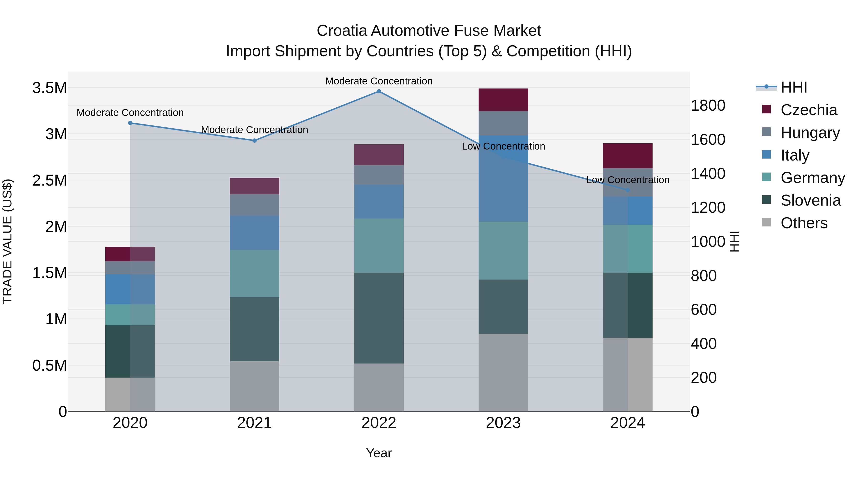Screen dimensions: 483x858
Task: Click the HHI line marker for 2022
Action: (379, 91)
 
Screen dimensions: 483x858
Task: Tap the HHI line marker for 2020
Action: (130, 123)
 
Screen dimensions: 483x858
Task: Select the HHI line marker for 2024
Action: (628, 190)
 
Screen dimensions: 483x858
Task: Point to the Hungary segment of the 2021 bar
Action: (255, 205)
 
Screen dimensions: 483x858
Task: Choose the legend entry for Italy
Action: (794, 155)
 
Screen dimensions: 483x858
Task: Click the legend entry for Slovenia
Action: (810, 200)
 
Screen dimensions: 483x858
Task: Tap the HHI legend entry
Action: (793, 87)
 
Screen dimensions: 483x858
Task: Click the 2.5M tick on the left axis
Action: (49, 180)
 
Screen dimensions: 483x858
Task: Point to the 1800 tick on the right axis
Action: (708, 105)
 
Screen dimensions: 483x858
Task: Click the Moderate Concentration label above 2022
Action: (379, 81)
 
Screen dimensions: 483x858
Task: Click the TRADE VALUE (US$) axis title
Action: (7, 241)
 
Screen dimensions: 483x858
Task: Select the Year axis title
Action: (379, 453)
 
